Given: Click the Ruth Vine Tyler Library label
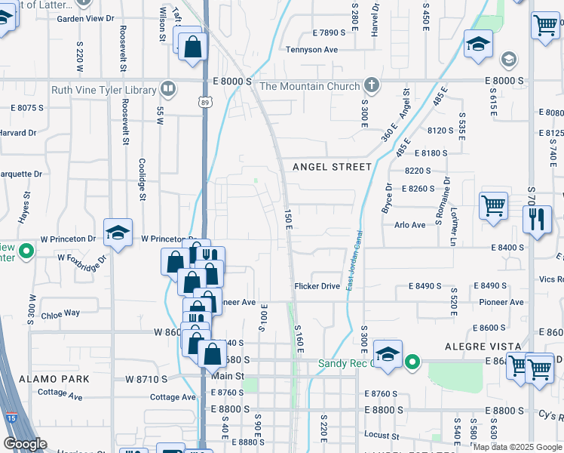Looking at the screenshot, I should coord(103,90).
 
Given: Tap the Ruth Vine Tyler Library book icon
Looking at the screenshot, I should coord(169,89).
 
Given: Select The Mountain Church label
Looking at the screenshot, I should coord(310,86).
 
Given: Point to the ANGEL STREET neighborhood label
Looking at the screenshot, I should coord(332,167).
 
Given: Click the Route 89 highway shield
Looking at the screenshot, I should coord(205,101).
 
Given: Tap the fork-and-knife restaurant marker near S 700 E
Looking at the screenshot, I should coord(536,220).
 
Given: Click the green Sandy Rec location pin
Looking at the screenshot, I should coord(412,363).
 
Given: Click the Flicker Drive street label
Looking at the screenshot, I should coord(317,286).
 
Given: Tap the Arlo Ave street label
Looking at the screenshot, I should coord(431,224).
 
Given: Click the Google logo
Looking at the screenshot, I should coord(25,444).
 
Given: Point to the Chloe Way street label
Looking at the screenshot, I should coord(60,313).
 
